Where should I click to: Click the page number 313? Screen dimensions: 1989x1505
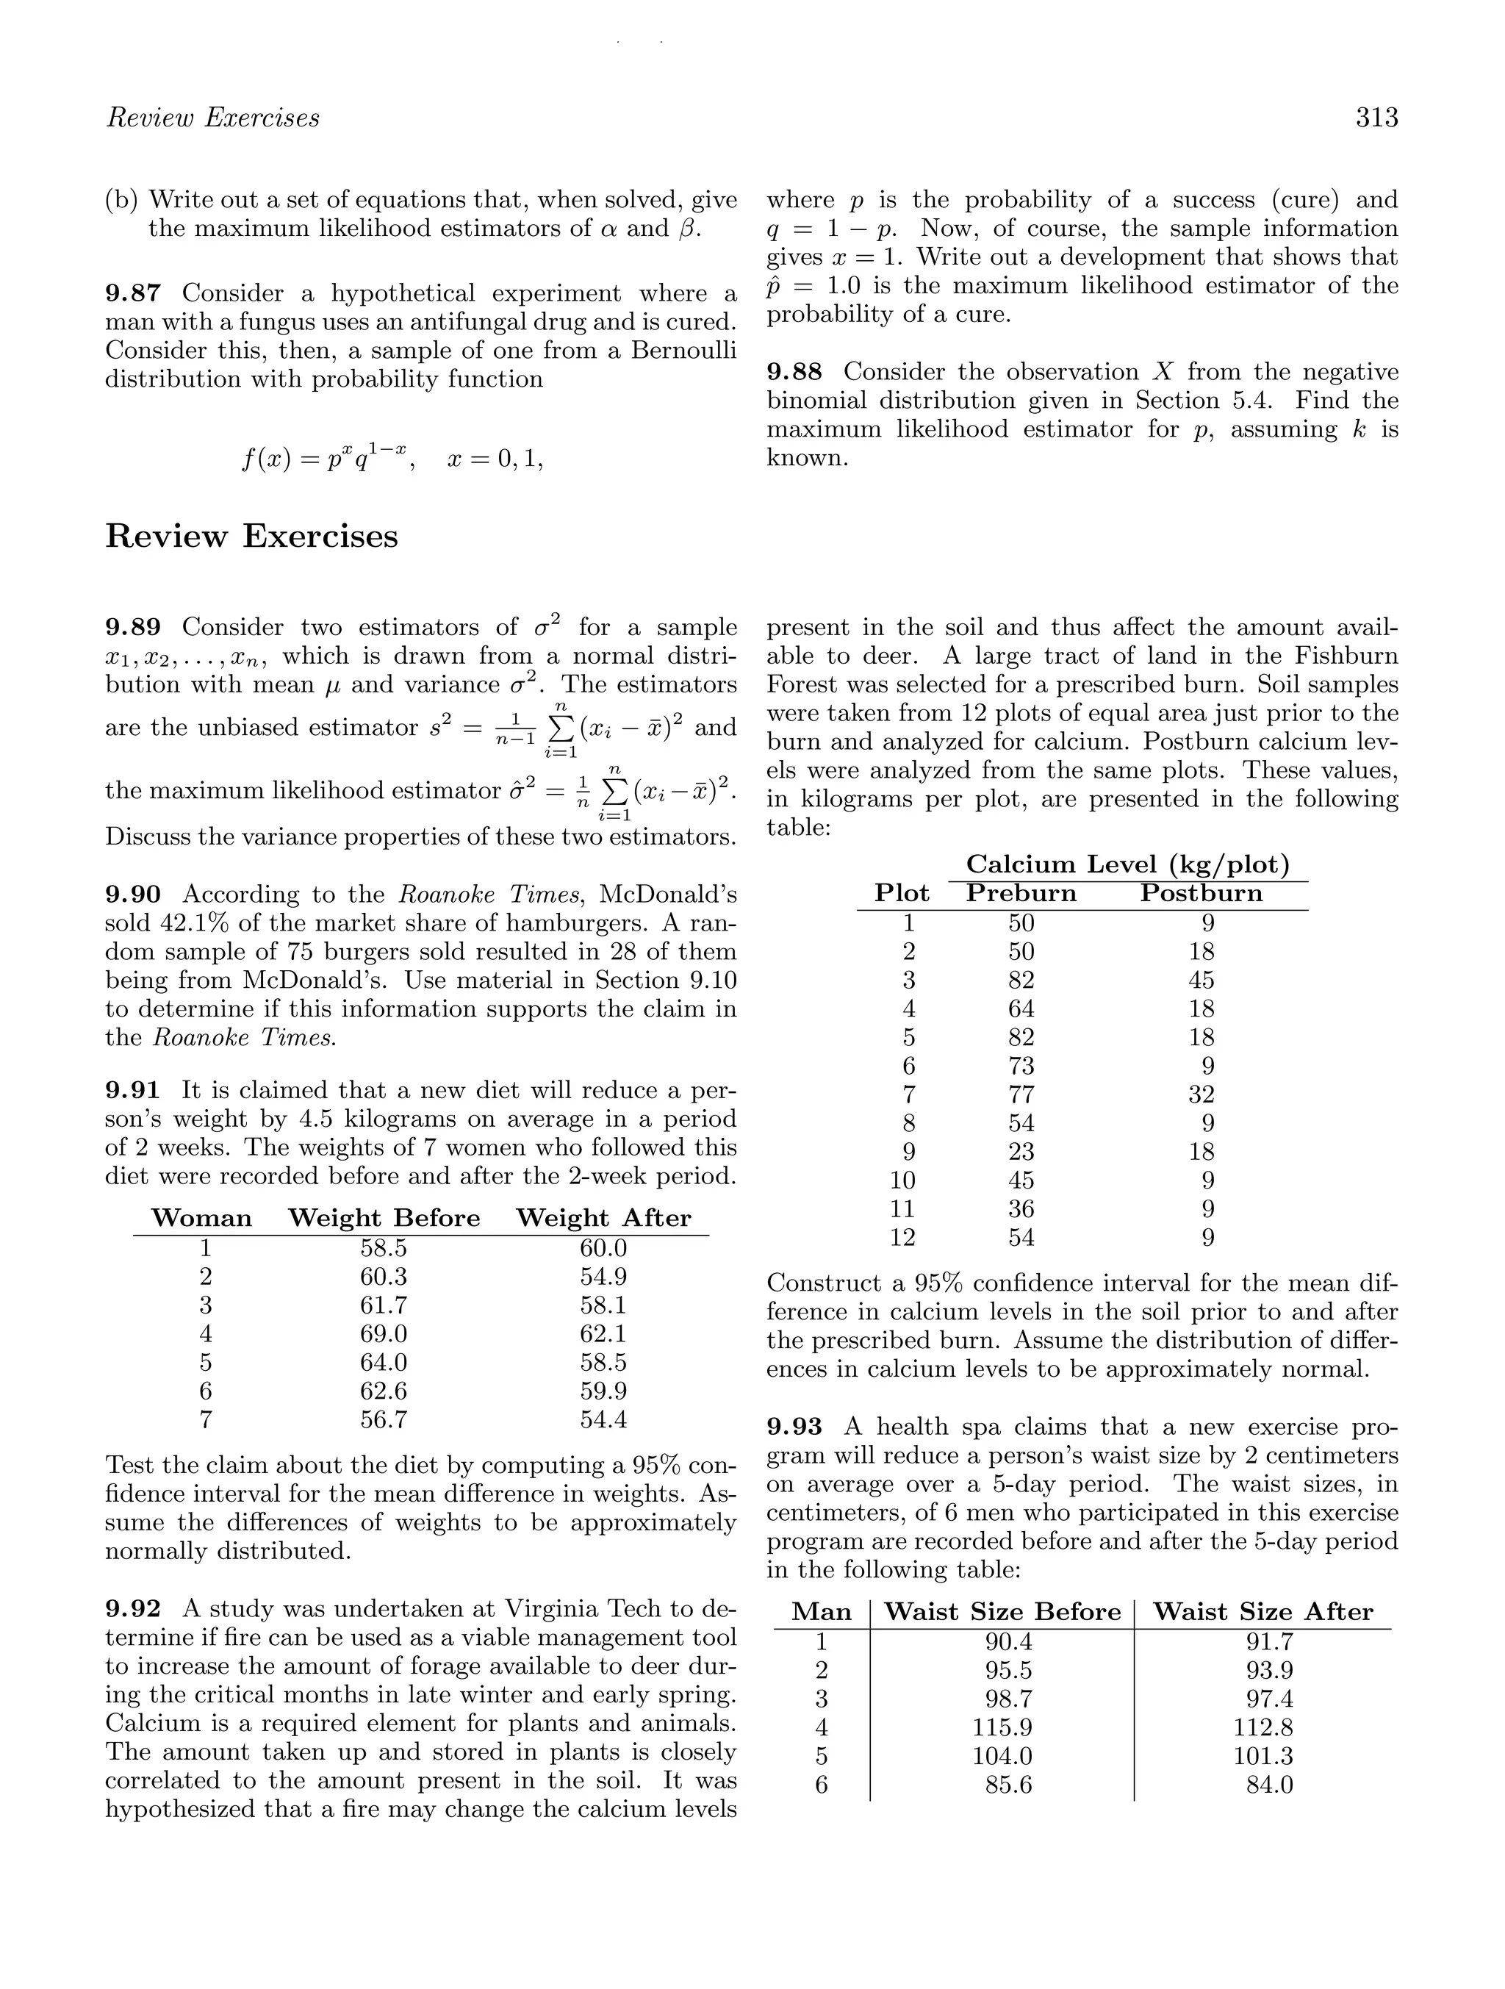pos(1376,118)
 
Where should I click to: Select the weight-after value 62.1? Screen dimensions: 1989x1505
pos(603,1333)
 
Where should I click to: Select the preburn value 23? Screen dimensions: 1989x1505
pos(1021,1152)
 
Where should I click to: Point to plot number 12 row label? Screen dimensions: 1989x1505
pos(902,1239)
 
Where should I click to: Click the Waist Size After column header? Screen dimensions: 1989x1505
pos(1262,1612)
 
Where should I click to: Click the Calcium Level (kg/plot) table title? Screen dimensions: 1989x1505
pos(1127,865)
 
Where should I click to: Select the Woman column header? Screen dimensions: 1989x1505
pos(201,1219)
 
